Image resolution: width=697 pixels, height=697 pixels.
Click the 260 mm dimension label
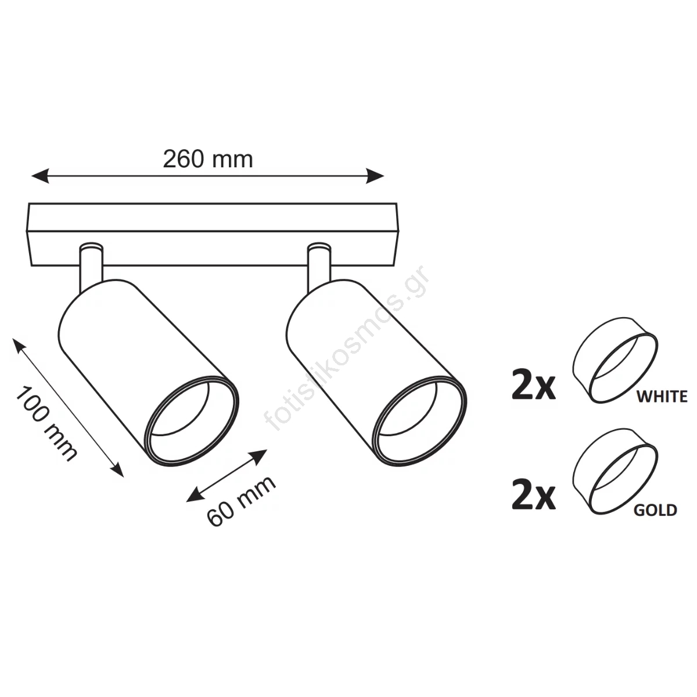(x=207, y=159)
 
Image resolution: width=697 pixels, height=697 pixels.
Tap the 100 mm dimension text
(x=46, y=423)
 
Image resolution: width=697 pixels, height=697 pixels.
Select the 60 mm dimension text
(x=241, y=501)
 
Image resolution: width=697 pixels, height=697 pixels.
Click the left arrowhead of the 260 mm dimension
(x=40, y=176)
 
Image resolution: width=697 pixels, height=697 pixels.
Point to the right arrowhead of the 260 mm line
(x=375, y=176)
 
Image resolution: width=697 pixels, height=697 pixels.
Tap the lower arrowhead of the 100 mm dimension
(x=117, y=469)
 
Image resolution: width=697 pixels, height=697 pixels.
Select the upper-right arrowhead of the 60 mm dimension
(x=260, y=456)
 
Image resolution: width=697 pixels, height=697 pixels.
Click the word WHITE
(x=662, y=397)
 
